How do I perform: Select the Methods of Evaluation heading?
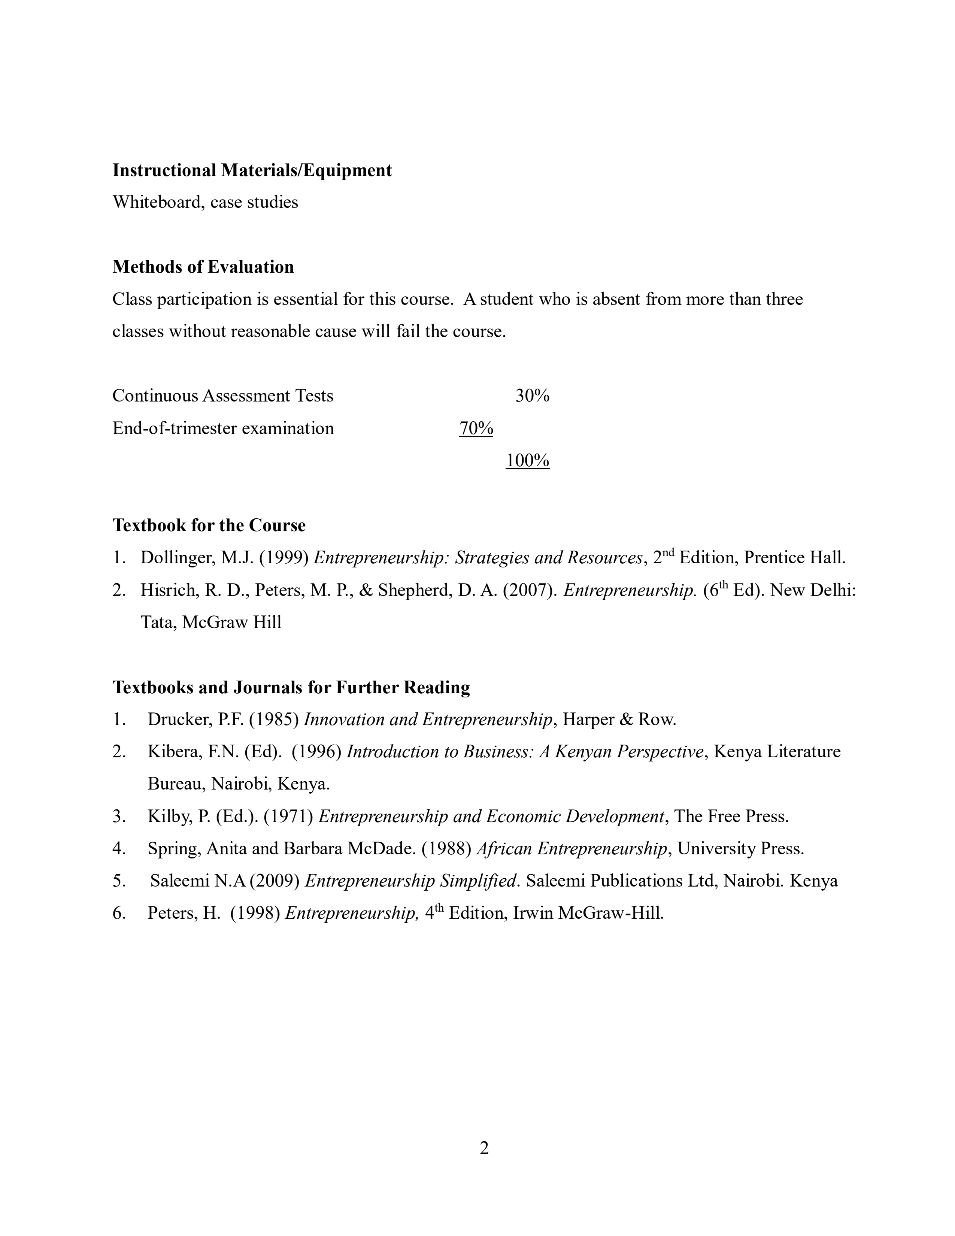point(203,267)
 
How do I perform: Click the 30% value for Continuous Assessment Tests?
point(532,396)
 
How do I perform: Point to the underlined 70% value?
point(476,428)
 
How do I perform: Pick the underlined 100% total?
point(527,461)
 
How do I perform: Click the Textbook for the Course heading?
point(209,525)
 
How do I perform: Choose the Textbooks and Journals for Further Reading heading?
point(291,687)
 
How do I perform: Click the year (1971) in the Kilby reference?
point(288,816)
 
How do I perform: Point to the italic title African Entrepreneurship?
point(572,848)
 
